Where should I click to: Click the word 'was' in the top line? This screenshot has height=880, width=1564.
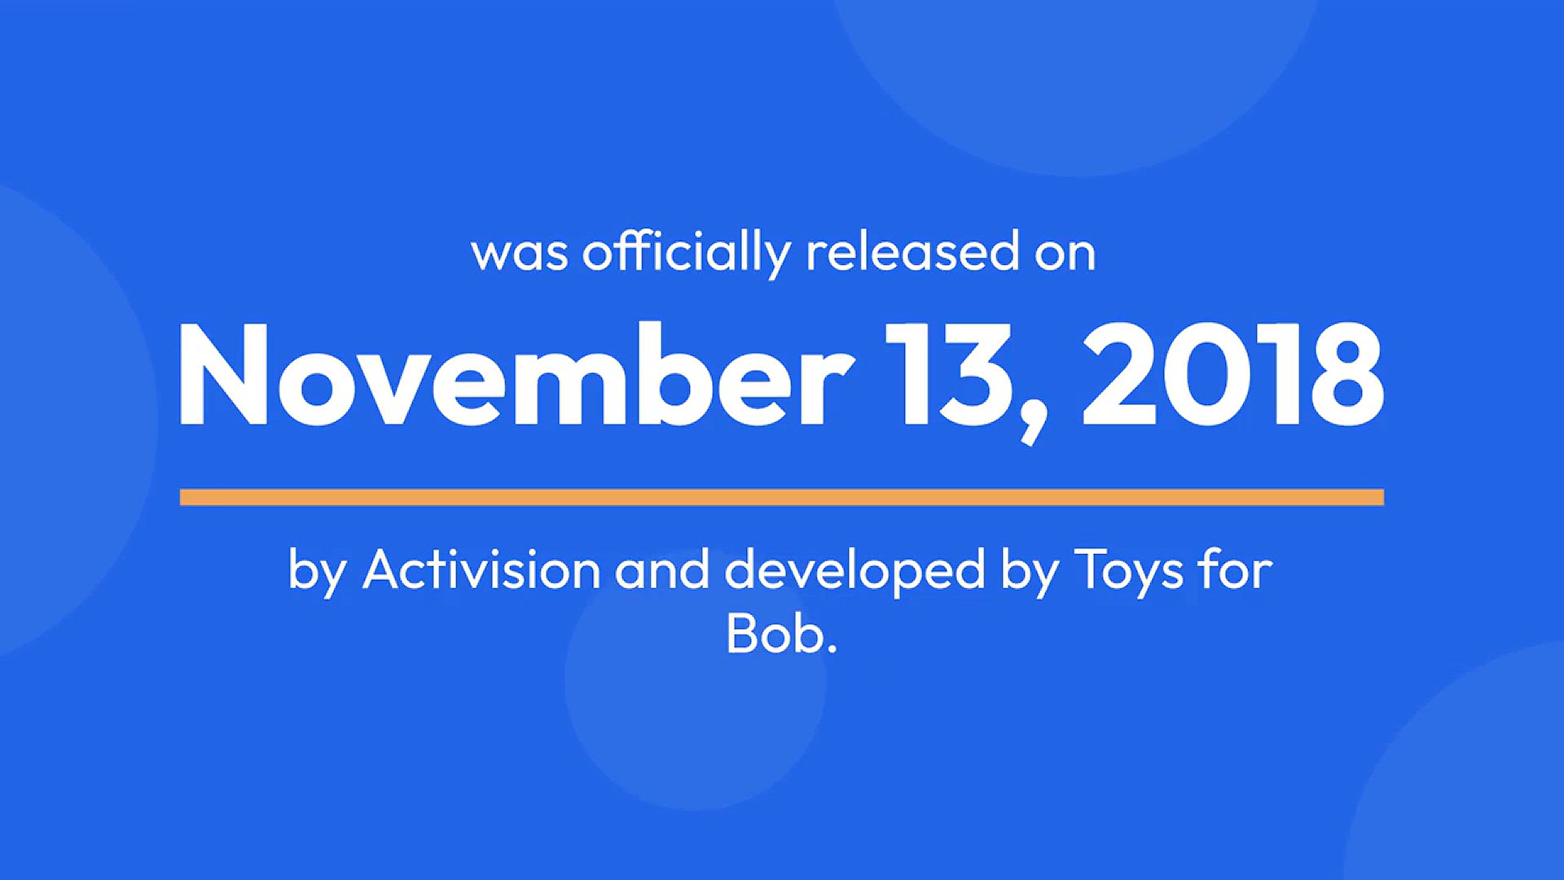tap(520, 254)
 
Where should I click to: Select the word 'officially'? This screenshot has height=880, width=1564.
tap(687, 253)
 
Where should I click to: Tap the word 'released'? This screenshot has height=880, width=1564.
tap(912, 251)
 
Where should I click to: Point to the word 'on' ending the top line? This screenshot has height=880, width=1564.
tap(1065, 254)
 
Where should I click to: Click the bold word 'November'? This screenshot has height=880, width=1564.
tap(516, 374)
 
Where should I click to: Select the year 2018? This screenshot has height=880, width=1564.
tap(1232, 374)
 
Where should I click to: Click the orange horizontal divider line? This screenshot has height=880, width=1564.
tap(782, 497)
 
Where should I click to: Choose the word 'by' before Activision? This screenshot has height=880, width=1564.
tap(318, 571)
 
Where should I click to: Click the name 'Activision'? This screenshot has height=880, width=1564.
tap(482, 569)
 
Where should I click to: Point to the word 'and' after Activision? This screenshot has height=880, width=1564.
tap(662, 569)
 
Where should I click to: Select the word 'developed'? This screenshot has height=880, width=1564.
tap(855, 571)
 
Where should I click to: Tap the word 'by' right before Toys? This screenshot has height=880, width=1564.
tap(1030, 571)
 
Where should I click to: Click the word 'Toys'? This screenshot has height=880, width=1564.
tap(1129, 571)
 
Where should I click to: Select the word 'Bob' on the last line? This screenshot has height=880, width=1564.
tap(774, 633)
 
